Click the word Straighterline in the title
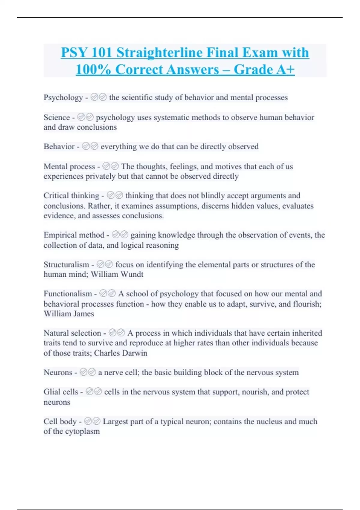[159, 53]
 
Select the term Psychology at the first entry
[63, 97]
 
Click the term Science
[57, 117]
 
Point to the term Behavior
[59, 147]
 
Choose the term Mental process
[69, 166]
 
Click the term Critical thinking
[71, 196]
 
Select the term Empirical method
[74, 235]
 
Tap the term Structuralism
[66, 265]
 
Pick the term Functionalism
[68, 294]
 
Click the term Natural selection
[72, 333]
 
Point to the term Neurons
[58, 373]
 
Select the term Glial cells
[61, 392]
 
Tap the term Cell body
[60, 421]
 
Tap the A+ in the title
[285, 70]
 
